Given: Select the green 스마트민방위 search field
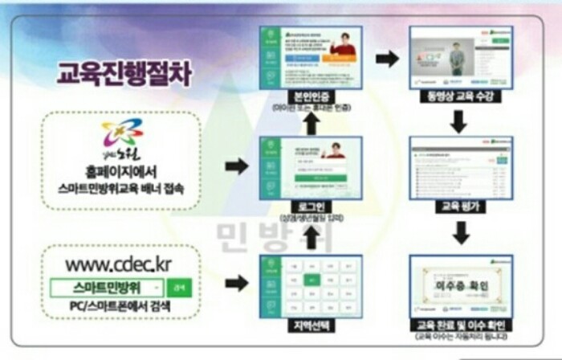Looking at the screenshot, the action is (107, 287).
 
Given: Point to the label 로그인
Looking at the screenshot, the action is (310, 206).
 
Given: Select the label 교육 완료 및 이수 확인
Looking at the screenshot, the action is (458, 325).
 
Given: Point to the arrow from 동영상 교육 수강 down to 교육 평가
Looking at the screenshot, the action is (458, 121).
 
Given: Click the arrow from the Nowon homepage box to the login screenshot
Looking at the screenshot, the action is (235, 166).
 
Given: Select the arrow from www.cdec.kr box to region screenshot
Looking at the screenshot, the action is (235, 282).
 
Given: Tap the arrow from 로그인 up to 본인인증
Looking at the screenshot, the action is (311, 121).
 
